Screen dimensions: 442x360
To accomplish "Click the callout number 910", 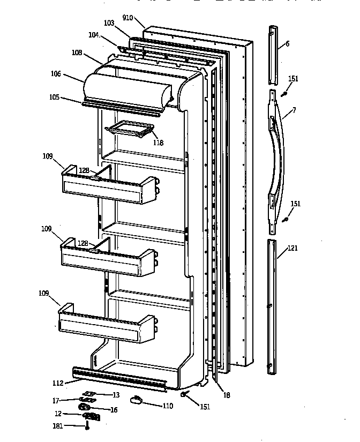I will pos(127,18).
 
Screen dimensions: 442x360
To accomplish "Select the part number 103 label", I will pos(109,24).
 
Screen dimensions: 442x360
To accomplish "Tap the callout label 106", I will pos(70,74).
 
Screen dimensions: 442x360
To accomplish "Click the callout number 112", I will pos(58,383).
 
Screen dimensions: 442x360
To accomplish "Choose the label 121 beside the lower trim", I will pos(292,248).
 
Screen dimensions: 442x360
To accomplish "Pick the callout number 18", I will pos(227,395).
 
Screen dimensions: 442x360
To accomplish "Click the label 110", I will pos(168,406).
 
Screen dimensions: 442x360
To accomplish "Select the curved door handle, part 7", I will pos(277,161).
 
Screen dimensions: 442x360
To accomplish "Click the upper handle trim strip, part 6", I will pos(273,54).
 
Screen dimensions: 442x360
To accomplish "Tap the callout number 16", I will pos(114,410).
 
